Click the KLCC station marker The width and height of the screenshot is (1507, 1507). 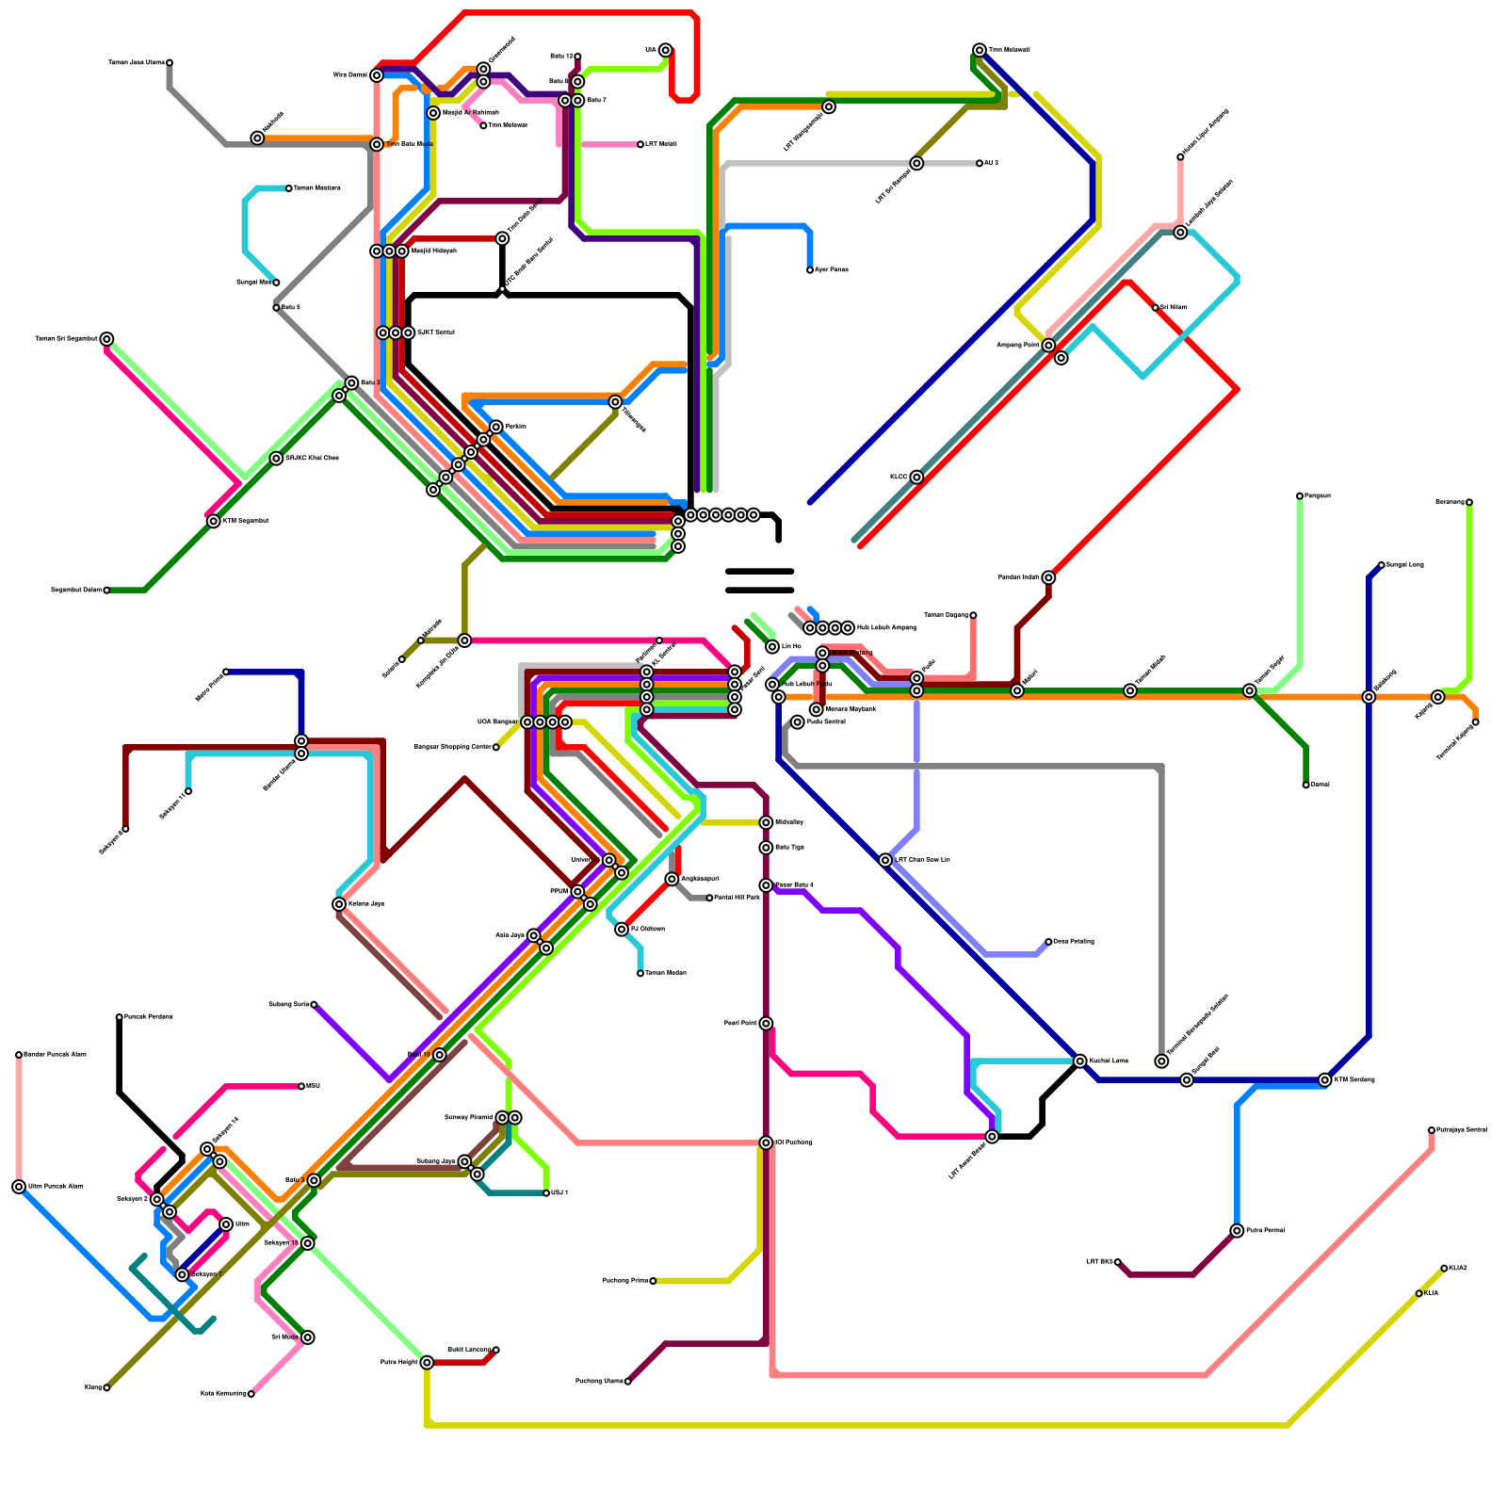tap(916, 478)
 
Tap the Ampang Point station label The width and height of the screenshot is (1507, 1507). tap(1018, 346)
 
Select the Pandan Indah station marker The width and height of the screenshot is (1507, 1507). tap(1048, 577)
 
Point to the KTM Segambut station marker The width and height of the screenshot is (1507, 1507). tap(214, 522)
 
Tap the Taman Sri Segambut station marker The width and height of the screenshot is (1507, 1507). tap(107, 339)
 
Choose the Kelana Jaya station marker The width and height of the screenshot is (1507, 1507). tap(339, 904)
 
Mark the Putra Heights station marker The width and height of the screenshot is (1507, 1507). tap(427, 1362)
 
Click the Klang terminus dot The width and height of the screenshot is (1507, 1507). tap(106, 1387)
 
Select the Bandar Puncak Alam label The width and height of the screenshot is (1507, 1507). tap(55, 1054)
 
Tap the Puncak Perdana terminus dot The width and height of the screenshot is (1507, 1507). tap(120, 1017)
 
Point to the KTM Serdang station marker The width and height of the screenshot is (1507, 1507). tap(1325, 1080)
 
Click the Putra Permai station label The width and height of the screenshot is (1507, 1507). tap(1265, 1231)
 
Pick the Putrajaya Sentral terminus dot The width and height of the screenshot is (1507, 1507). tap(1432, 1130)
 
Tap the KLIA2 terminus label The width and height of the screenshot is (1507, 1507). tap(1458, 1269)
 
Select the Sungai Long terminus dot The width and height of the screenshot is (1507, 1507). tap(1381, 565)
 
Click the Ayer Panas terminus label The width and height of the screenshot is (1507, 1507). tap(832, 270)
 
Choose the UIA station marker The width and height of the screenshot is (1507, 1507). tap(666, 50)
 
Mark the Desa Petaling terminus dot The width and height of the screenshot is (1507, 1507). tap(1048, 942)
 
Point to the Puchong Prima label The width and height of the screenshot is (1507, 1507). tap(625, 1281)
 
